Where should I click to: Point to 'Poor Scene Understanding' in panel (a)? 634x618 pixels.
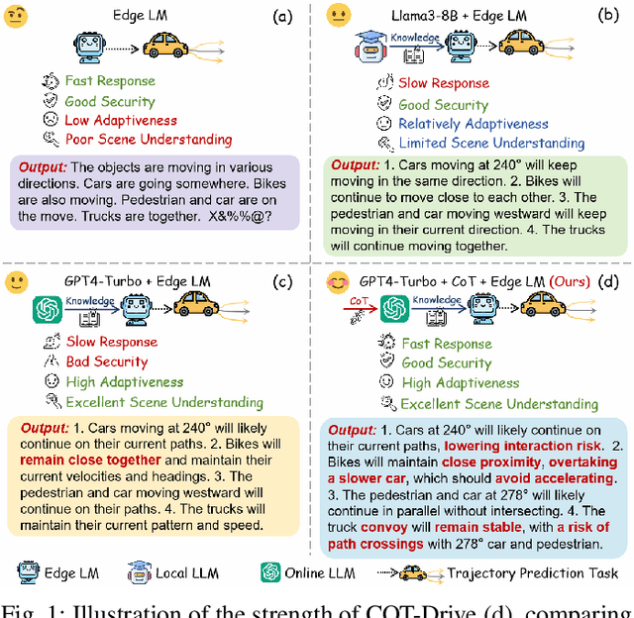click(149, 140)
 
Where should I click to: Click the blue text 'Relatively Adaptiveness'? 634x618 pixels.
click(473, 124)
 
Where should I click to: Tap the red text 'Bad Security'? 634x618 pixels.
click(107, 362)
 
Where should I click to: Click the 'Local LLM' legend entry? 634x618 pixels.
click(181, 571)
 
